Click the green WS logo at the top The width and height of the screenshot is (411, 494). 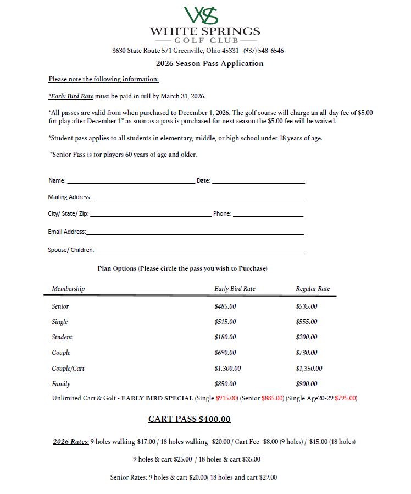201,15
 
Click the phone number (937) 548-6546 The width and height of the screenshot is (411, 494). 264,51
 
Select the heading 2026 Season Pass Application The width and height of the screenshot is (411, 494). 209,63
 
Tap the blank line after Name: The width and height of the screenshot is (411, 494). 130,181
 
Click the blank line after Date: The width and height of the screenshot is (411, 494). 258,181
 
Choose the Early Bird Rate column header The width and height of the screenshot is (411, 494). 235,289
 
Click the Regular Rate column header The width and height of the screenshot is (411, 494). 313,289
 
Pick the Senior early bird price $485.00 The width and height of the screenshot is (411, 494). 225,306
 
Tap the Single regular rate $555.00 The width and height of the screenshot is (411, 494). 307,322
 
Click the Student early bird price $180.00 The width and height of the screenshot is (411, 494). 225,337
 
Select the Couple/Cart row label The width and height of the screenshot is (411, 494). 68,369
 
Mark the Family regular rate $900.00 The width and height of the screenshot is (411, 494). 307,384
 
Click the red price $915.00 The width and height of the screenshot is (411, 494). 227,398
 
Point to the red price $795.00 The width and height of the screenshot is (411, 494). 346,398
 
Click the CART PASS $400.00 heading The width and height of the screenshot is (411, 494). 189,419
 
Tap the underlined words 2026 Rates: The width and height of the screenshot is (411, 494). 71,442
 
